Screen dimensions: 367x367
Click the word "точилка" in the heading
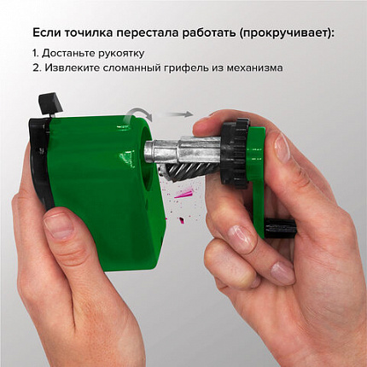(94, 32)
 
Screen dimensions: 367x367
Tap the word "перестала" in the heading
(160, 32)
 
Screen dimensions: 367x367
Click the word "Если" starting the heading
(47, 32)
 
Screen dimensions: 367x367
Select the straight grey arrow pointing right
(178, 114)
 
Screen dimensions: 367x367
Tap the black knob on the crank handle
(279, 229)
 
